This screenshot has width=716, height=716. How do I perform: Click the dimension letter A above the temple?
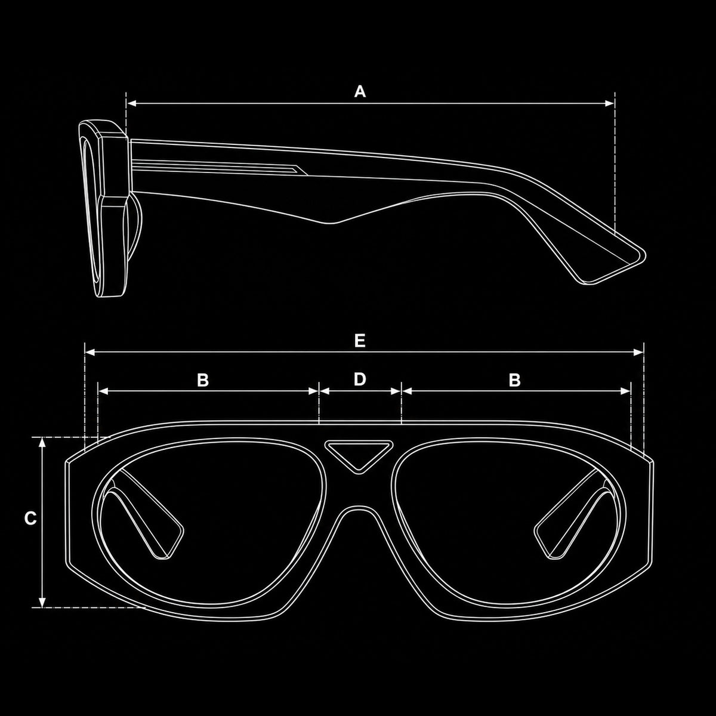360,91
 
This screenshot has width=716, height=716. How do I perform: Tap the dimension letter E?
360,341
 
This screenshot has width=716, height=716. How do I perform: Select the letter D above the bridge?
360,379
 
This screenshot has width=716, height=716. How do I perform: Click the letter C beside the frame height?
30,519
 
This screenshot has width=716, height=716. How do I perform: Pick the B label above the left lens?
202,380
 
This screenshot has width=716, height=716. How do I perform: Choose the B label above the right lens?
514,380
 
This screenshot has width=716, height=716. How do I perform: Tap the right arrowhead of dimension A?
610,103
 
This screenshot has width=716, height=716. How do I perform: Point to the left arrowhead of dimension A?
131,103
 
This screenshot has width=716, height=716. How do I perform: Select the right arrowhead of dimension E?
638,352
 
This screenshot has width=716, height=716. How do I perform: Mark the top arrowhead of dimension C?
42,442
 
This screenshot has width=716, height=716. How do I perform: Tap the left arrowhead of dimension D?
325,391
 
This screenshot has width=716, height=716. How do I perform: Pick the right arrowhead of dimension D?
396,391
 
